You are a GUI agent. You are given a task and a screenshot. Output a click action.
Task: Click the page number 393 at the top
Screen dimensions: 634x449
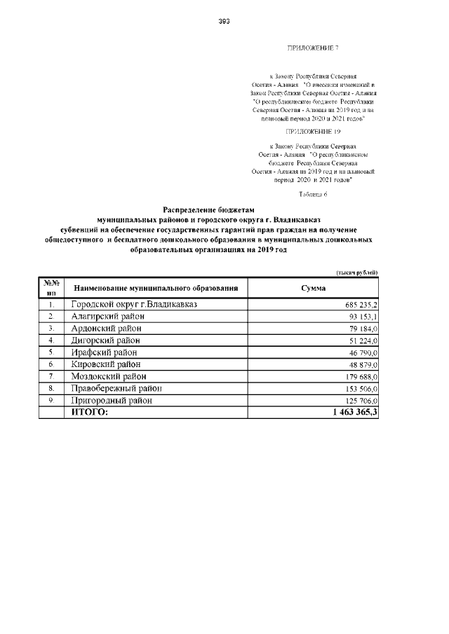coord(224,21)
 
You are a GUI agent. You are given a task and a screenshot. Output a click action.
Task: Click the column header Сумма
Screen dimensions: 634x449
coord(312,288)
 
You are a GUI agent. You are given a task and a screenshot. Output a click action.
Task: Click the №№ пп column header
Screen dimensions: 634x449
coord(51,287)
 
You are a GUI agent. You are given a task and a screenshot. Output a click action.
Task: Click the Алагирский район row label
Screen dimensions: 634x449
coord(107,317)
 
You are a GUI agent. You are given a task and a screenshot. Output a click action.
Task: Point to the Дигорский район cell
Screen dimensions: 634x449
coord(107,340)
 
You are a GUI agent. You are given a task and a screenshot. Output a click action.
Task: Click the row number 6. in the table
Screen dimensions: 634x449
coord(51,365)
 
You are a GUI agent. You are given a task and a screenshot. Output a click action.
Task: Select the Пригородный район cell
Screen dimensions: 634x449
coord(112,400)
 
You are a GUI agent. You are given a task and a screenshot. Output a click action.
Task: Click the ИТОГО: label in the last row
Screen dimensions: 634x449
coord(91,413)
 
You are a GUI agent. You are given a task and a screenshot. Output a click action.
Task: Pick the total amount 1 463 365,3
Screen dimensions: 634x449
coord(351,413)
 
